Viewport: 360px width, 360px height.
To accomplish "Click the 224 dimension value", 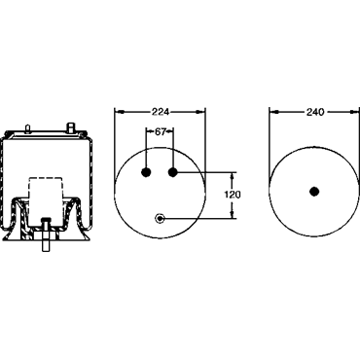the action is [x=161, y=112].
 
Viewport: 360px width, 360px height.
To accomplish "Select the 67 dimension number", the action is [x=161, y=131].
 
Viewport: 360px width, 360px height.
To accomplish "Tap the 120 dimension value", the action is [x=233, y=195].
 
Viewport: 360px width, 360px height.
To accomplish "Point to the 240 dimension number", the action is [x=315, y=112].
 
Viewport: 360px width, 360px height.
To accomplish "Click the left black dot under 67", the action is [x=146, y=172].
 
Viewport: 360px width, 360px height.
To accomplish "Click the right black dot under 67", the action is [x=173, y=172].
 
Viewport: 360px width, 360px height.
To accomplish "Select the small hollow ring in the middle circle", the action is [x=160, y=218].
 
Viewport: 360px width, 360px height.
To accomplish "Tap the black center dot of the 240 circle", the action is [x=314, y=192].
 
